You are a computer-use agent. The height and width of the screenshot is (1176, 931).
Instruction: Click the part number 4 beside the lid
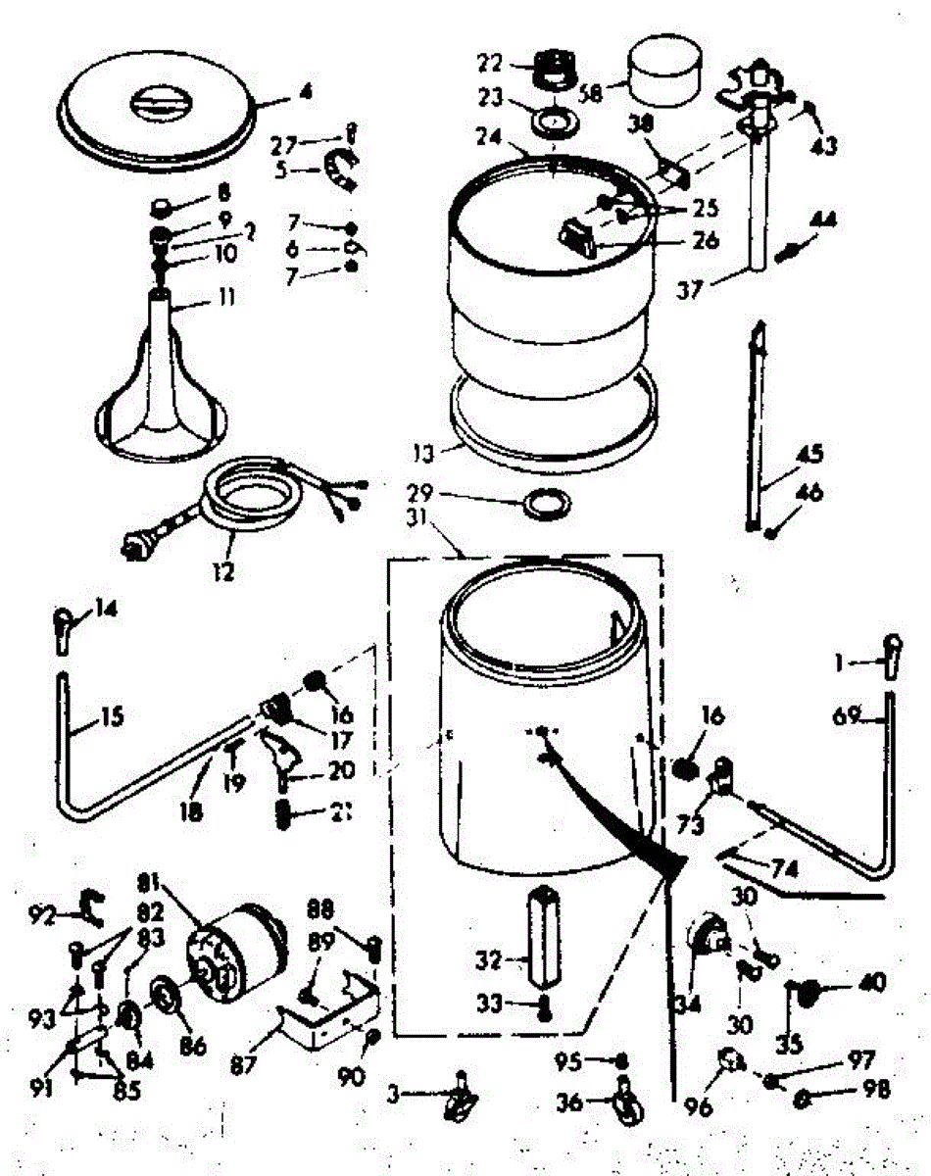click(x=307, y=95)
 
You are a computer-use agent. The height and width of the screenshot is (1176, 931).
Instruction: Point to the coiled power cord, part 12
click(x=245, y=500)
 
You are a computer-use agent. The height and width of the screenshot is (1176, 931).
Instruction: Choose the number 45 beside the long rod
click(x=809, y=455)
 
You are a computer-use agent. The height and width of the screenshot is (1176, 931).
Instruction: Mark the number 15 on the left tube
click(x=112, y=717)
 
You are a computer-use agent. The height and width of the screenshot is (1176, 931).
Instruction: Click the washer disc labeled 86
click(x=168, y=999)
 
